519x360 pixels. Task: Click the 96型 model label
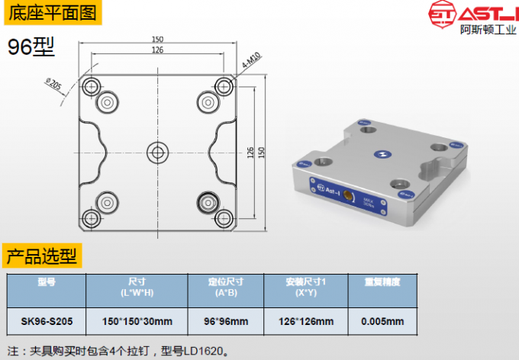coord(31,47)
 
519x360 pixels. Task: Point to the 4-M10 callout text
coord(252,61)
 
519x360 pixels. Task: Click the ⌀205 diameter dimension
coord(54,83)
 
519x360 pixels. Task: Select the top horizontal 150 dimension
coord(157,39)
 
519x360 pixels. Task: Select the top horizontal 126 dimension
coord(157,50)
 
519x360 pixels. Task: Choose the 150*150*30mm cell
coord(137,321)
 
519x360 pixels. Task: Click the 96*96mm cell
coord(226,321)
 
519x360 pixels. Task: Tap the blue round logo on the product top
coord(379,153)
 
